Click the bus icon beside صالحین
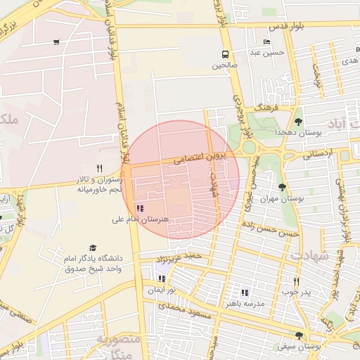click(225, 55)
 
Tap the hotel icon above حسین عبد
click(266, 41)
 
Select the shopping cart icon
click(56, 42)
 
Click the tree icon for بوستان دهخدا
click(298, 122)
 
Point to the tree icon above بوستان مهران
click(282, 187)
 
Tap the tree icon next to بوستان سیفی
click(300, 335)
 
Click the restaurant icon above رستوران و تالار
click(99, 168)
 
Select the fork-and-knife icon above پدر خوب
click(296, 281)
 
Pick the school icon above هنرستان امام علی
click(139, 208)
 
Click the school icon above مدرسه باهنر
click(245, 292)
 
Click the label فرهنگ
click(268, 108)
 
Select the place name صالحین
click(226, 65)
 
